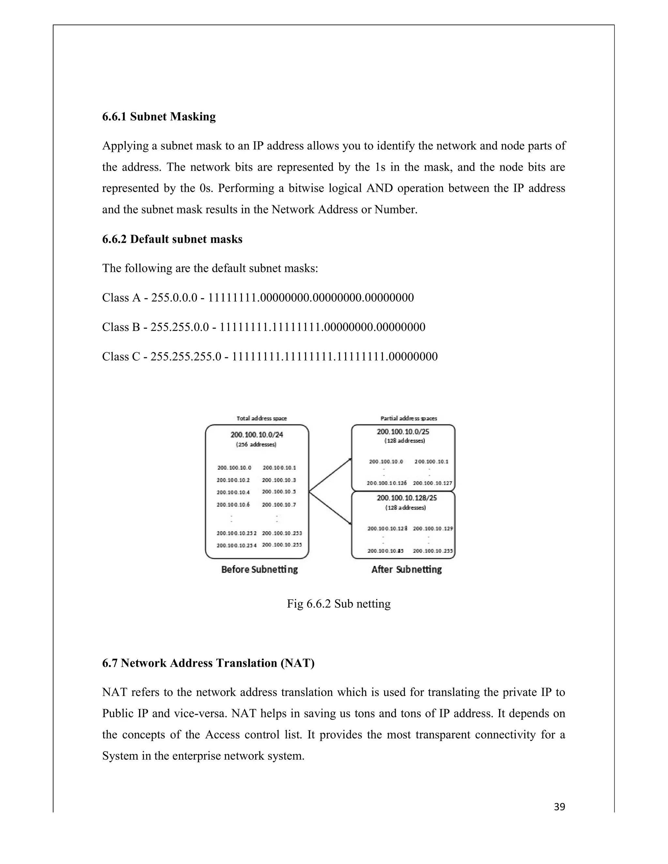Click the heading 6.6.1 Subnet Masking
(x=159, y=117)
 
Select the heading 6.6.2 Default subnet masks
(x=172, y=239)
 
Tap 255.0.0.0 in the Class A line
(x=174, y=297)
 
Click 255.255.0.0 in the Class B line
(x=180, y=327)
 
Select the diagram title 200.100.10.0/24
(x=257, y=435)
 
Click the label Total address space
(x=262, y=418)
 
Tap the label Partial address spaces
(x=408, y=418)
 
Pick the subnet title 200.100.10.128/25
(x=406, y=498)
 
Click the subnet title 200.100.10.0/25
(x=403, y=432)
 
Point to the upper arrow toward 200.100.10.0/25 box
(x=330, y=475)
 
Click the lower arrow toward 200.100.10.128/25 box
(x=330, y=508)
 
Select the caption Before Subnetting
(x=259, y=570)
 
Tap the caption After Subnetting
(x=406, y=570)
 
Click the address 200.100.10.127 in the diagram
(x=432, y=483)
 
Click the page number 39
(x=559, y=807)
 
